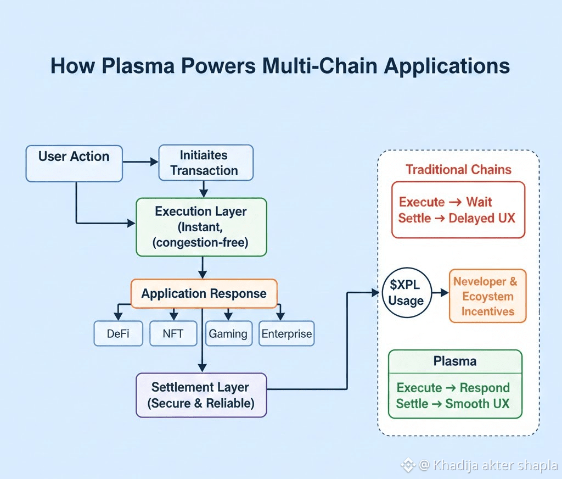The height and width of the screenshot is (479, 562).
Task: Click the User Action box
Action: click(74, 163)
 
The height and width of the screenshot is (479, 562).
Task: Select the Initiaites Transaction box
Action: click(206, 163)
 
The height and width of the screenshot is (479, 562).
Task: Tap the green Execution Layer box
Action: click(201, 227)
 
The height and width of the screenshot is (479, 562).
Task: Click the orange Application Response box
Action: click(204, 293)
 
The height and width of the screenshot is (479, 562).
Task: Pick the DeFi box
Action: click(118, 333)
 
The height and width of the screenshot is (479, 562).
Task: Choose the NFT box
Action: click(173, 333)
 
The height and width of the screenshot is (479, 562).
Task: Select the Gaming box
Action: click(228, 333)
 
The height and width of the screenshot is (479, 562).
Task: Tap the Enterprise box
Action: click(286, 333)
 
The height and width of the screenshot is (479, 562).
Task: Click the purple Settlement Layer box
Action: click(201, 395)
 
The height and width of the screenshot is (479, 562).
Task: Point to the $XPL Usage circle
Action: click(406, 293)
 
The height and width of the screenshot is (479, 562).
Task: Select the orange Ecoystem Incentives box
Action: click(487, 296)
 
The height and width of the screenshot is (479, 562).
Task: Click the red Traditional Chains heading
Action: click(458, 170)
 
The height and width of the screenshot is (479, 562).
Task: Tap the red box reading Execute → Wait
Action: click(458, 210)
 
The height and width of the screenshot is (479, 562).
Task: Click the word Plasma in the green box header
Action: click(454, 361)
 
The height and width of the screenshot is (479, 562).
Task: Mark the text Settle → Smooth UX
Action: click(453, 404)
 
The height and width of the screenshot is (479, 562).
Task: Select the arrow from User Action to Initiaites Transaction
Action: click(140, 162)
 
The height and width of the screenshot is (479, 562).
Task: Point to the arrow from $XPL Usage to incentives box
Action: click(440, 293)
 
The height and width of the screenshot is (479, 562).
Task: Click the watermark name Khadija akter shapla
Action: click(494, 466)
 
